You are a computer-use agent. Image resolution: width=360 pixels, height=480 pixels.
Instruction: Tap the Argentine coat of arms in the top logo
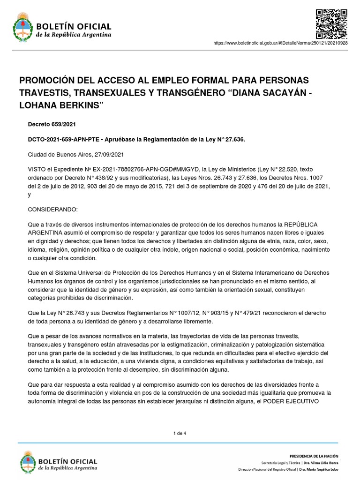click(21, 27)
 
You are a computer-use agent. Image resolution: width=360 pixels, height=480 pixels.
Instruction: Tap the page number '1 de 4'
click(180, 433)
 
